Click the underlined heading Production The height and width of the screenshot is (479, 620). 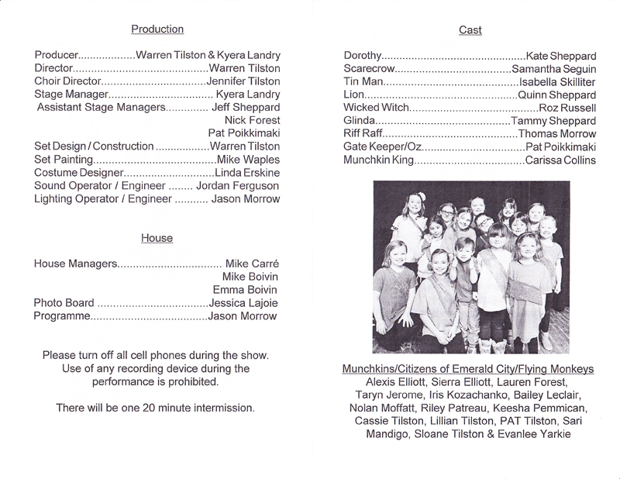[x=157, y=29]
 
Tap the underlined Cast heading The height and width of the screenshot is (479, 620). [x=470, y=30]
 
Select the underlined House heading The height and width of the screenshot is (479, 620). [x=157, y=238]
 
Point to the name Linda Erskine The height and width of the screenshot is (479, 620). [x=246, y=172]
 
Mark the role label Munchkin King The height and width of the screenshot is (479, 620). [x=380, y=160]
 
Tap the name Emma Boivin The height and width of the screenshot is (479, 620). [x=246, y=290]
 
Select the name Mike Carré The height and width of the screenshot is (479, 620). [x=252, y=264]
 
